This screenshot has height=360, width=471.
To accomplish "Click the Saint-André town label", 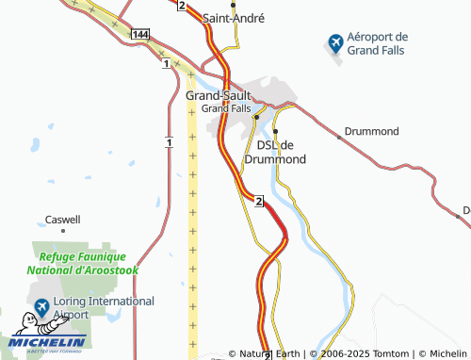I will [234, 18].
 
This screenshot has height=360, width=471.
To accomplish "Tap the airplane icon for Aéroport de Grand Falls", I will [334, 43].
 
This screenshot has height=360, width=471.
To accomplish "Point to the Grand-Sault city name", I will [219, 96].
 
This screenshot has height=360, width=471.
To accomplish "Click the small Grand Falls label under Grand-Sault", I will [226, 108].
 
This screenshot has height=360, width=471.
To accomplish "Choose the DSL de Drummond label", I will [275, 152].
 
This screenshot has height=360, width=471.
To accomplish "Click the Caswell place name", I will [63, 220].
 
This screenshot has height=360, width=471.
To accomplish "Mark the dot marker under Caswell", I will [63, 230].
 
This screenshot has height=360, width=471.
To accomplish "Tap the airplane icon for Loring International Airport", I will [41, 307].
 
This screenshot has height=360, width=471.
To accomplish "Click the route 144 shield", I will [139, 34].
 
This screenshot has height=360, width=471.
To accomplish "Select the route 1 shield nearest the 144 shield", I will [166, 64].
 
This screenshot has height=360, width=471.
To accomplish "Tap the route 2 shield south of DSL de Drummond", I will [257, 200].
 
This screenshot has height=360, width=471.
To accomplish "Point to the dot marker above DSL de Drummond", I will [275, 131].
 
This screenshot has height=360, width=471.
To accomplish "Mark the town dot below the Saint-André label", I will [233, 5].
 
